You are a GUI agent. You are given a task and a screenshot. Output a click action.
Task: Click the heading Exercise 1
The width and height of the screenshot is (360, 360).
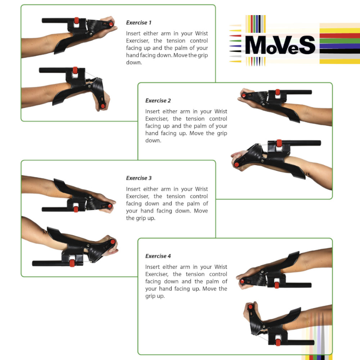click(139, 22)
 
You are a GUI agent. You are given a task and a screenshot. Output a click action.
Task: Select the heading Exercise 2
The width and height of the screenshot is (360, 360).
click(158, 100)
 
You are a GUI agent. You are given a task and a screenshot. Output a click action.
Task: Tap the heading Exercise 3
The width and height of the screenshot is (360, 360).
click(139, 178)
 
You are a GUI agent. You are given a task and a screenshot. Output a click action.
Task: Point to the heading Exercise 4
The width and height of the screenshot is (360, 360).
click(158, 256)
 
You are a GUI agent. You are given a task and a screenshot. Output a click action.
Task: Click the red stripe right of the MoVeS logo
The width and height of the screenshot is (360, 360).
click(340, 36)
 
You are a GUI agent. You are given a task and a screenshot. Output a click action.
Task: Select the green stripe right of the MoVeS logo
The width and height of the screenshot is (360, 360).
click(340, 41)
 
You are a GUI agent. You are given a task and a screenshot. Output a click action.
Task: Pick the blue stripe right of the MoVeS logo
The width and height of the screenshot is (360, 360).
click(340, 46)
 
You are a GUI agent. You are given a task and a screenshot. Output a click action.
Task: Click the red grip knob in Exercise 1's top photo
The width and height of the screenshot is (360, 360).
click(111, 24)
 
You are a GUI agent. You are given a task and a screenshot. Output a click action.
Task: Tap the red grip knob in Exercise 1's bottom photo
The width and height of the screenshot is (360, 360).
click(103, 106)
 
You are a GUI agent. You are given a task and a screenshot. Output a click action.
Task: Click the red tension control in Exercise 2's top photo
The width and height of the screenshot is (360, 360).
click(278, 92)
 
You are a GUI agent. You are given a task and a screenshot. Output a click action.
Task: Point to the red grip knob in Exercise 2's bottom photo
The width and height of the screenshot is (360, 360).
click(237, 165)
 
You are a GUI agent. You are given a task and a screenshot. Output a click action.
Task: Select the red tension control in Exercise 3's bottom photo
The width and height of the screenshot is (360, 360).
click(72, 263)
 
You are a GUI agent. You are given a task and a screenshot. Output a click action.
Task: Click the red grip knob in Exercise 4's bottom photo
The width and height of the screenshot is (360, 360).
click(251, 306)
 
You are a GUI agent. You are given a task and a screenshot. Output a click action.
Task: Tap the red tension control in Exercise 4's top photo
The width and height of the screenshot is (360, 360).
click(277, 285)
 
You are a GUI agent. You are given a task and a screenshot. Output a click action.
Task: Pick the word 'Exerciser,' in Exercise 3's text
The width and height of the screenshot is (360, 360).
click(138, 196)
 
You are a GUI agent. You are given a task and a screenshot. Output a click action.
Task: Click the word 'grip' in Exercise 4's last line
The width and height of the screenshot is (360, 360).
click(150, 296)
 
